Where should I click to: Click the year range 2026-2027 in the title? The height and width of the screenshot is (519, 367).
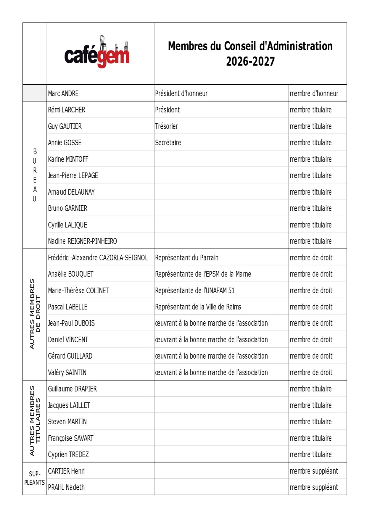tap(250, 62)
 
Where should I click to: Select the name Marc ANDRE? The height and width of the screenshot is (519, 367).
tap(63, 94)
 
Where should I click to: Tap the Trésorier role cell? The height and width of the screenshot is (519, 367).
tap(167, 126)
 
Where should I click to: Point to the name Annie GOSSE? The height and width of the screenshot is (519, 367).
tap(65, 143)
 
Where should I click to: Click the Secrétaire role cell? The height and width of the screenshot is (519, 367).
tap(168, 143)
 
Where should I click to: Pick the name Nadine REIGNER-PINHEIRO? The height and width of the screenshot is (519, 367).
tap(83, 241)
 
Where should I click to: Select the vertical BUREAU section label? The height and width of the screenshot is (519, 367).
tap(35, 175)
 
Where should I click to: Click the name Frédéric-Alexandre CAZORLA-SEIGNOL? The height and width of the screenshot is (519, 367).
tap(98, 258)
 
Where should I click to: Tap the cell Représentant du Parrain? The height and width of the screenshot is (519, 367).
tap(187, 258)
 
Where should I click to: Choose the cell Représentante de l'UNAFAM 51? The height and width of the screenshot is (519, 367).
tap(195, 291)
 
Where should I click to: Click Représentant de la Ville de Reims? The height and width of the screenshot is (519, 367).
tap(198, 307)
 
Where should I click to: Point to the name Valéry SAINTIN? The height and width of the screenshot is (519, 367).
tap(67, 373)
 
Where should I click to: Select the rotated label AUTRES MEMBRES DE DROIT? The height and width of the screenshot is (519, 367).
tap(35, 314)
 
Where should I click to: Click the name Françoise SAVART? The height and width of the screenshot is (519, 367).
tap(71, 438)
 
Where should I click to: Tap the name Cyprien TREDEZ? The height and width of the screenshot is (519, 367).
tap(68, 454)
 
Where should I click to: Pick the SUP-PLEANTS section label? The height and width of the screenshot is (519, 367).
tap(35, 478)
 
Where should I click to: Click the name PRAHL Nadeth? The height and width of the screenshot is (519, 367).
tap(66, 487)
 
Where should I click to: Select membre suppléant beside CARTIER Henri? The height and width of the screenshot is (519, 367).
tap(314, 471)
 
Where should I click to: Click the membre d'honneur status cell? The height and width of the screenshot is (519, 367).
tap(314, 94)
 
